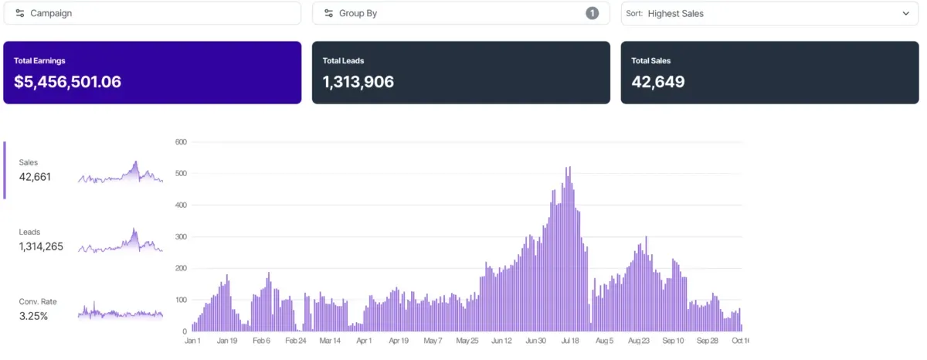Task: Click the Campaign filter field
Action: pos(151,13)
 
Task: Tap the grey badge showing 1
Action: pos(592,13)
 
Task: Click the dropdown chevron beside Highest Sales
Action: pos(905,13)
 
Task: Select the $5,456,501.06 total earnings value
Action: pos(67,82)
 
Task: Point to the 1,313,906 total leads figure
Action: pos(358,82)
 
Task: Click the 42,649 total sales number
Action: pos(657,82)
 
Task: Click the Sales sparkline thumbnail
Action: pos(121,172)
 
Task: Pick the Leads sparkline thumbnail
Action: pos(121,240)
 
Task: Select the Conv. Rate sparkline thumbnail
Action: pos(121,311)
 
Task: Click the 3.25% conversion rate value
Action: pos(33,316)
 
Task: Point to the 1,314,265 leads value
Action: pos(41,246)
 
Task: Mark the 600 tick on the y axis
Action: pos(182,142)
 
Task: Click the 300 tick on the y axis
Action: pos(182,237)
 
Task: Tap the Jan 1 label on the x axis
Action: pos(192,340)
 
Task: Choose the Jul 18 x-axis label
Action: pos(570,340)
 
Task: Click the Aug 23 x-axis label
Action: pos(639,340)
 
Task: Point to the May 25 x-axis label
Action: pos(467,340)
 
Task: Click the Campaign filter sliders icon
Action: pos(20,13)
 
